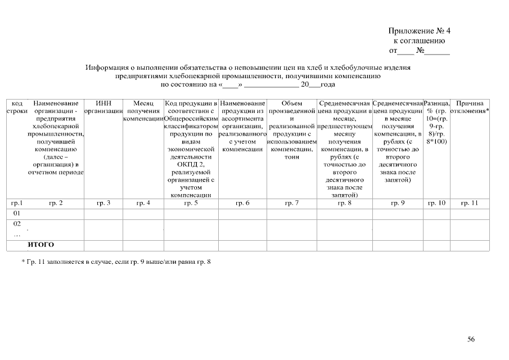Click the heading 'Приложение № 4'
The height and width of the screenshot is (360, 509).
(x=420, y=31)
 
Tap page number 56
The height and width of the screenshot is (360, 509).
(x=471, y=339)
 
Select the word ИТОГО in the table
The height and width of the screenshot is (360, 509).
(x=40, y=245)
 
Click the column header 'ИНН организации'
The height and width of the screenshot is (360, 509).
(x=103, y=107)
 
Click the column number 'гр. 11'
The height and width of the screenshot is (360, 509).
(x=469, y=203)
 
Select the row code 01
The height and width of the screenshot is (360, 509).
(x=17, y=214)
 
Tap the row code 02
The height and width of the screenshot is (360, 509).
(x=17, y=224)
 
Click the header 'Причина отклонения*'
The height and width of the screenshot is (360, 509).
(x=470, y=107)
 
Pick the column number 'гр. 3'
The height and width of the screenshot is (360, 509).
(x=103, y=203)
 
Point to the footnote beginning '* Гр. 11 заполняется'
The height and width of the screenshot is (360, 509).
(x=116, y=262)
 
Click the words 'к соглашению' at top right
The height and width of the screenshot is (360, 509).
(x=419, y=41)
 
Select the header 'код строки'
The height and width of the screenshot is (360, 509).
(x=17, y=107)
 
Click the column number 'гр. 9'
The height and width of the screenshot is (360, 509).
(x=398, y=203)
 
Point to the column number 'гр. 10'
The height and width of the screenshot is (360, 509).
(x=436, y=203)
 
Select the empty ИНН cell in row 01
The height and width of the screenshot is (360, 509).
(x=103, y=214)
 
